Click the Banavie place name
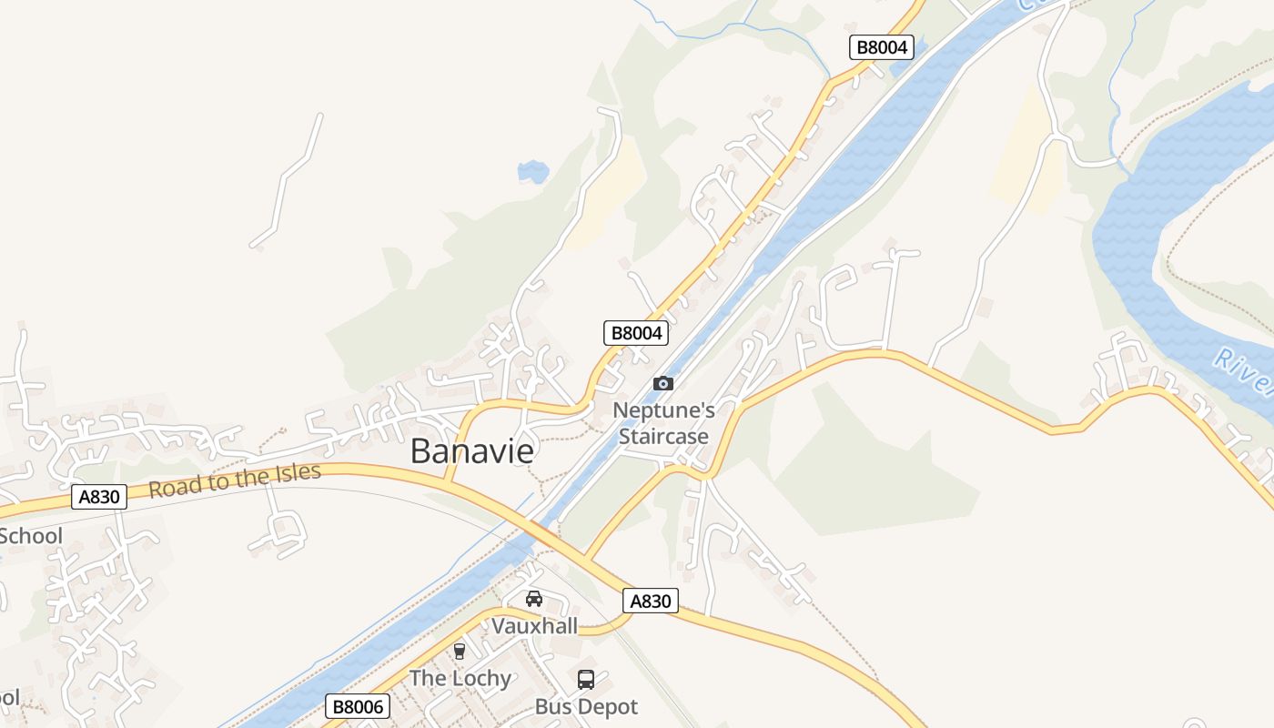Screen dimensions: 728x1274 click(x=471, y=450)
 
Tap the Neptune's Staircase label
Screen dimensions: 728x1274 click(x=663, y=423)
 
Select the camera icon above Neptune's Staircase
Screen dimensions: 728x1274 click(x=663, y=383)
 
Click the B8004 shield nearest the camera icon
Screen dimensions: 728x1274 click(x=636, y=333)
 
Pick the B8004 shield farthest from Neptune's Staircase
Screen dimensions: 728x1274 click(x=882, y=47)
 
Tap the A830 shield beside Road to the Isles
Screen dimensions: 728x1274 click(x=98, y=497)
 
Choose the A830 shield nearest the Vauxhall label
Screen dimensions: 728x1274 click(x=651, y=601)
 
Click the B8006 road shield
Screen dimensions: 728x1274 click(x=358, y=706)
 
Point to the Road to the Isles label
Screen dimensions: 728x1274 click(x=235, y=480)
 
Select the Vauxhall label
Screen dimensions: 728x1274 click(x=534, y=626)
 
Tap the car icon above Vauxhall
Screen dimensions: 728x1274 click(x=534, y=599)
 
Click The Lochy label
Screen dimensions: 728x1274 click(x=460, y=678)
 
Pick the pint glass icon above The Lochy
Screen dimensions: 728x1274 click(x=460, y=651)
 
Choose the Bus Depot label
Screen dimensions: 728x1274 click(x=586, y=706)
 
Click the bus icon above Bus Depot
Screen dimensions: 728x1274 click(x=586, y=679)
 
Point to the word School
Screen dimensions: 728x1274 click(x=31, y=535)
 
